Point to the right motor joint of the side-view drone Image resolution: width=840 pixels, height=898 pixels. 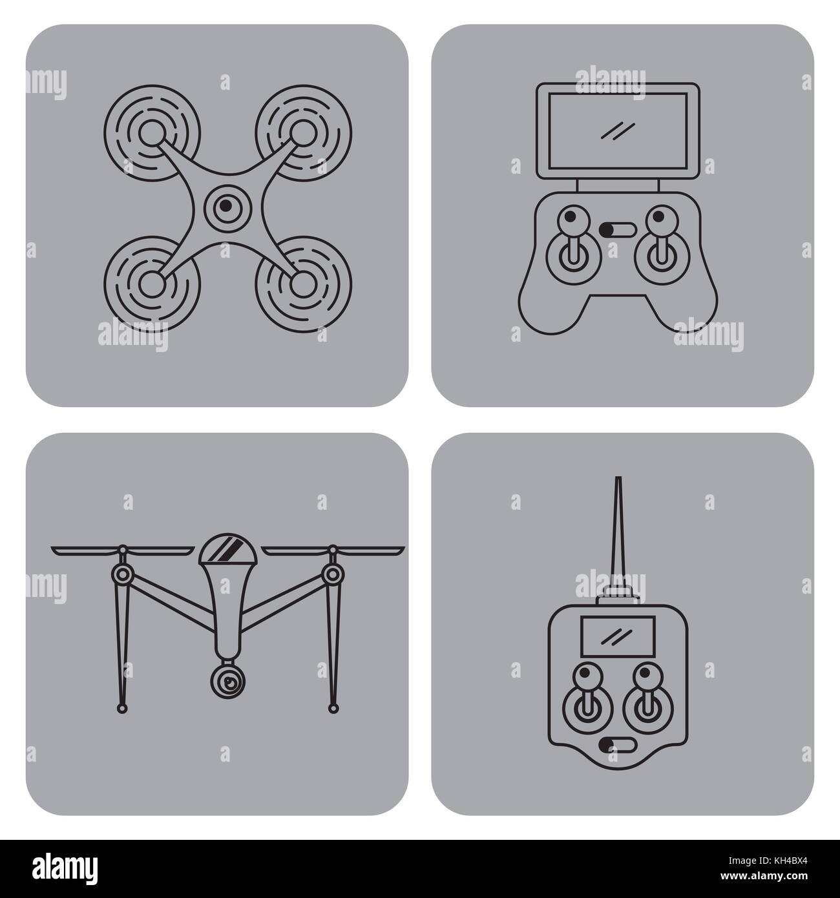332,573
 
